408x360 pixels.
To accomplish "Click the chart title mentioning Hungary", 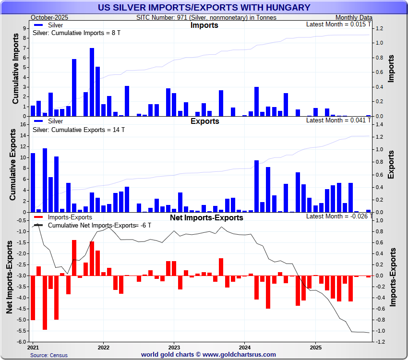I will pos(204,8).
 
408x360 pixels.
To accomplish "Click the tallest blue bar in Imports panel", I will pos(92,82).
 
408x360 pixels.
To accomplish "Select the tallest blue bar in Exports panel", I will pos(45,180).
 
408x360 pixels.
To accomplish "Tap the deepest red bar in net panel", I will pos(45,302).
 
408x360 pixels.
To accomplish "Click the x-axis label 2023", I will pos(174,347).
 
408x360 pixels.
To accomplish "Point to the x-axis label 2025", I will pos(315,347).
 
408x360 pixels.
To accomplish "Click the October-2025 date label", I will pos(49,17).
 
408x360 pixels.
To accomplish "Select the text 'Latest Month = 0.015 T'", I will pos(339,24).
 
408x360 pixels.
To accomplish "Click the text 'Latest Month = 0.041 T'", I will pos(339,120).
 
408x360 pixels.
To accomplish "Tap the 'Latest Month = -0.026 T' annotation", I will pos(338,216).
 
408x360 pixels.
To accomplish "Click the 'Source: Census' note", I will pos(49,355).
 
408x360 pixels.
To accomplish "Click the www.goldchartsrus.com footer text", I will pos(208,355).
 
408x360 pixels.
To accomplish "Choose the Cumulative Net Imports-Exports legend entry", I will pos(91,225).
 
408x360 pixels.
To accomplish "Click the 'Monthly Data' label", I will pos(353,17).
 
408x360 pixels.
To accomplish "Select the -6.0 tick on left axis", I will pos(22,342).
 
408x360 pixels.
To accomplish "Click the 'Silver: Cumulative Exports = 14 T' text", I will pos(78,130).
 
